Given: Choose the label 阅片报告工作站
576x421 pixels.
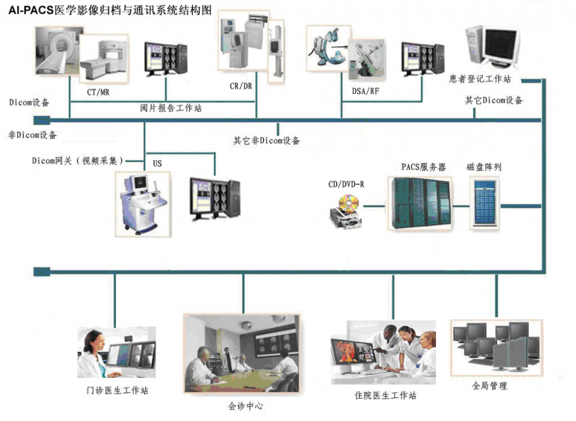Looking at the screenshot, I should pyautogui.click(x=171, y=108).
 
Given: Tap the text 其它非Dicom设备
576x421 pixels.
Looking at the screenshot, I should pyautogui.click(x=266, y=140).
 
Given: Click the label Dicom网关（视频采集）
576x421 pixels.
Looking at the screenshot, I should pyautogui.click(x=77, y=161).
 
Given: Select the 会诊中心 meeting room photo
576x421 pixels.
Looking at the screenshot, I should pyautogui.click(x=241, y=353).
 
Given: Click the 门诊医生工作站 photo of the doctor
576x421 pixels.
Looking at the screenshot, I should pyautogui.click(x=116, y=352).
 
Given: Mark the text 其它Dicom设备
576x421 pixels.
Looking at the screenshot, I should pyautogui.click(x=494, y=101).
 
